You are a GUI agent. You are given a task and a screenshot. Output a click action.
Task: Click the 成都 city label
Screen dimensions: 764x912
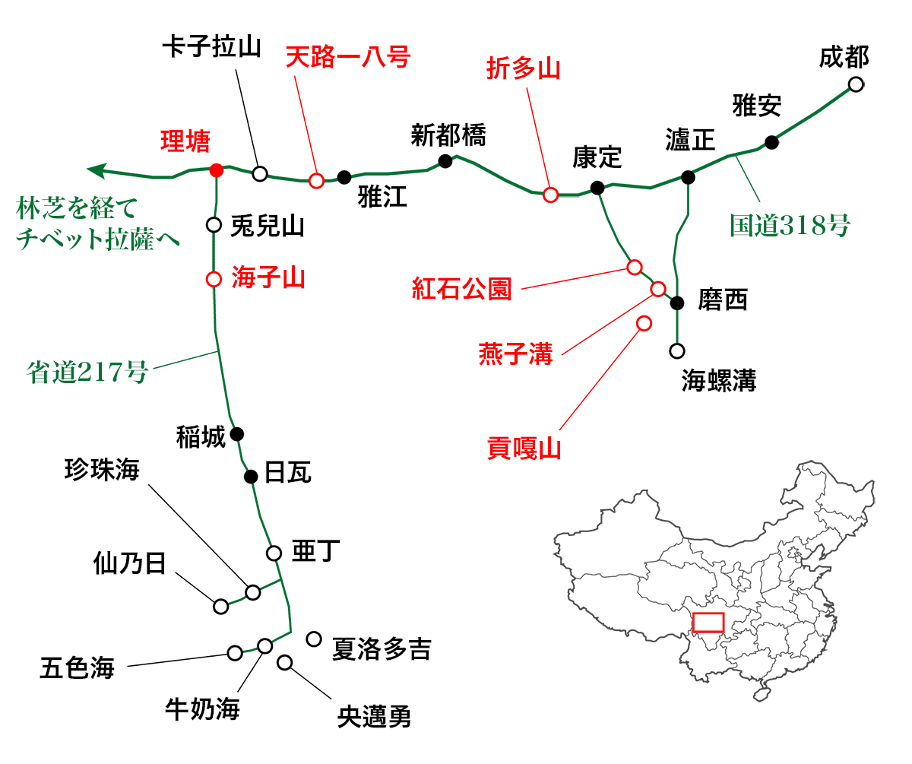coord(844,57)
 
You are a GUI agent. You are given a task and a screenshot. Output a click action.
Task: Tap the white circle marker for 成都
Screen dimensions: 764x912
coord(856,84)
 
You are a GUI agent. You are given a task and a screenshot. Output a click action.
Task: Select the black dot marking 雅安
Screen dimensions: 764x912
coord(771,141)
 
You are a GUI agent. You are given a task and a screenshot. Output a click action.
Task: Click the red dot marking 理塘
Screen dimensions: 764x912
coord(216,169)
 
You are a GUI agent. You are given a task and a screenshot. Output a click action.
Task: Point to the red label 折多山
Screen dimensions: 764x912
coord(523,69)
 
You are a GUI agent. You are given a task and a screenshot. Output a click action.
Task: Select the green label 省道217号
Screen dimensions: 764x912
coord(87,372)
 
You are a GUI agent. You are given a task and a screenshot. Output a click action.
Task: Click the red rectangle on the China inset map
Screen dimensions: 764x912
coord(708,622)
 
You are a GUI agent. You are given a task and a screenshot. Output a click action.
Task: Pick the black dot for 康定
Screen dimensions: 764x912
coord(597,187)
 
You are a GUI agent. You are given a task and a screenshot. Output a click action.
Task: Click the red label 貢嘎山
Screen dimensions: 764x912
coord(524,449)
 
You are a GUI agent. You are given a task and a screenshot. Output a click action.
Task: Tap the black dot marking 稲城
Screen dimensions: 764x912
coord(236,434)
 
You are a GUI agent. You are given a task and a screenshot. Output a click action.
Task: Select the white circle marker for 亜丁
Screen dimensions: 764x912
coord(274,553)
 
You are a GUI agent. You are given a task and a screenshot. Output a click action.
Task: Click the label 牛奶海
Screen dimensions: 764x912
coord(202,710)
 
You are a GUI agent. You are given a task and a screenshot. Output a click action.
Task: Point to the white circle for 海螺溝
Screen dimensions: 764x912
coord(676,351)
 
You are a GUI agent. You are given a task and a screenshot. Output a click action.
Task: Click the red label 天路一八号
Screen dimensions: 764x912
coord(347,58)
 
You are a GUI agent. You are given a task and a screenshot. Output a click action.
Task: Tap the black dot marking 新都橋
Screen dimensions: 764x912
coord(445,160)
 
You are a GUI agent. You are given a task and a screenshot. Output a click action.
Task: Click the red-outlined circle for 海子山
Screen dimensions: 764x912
coord(214,278)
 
